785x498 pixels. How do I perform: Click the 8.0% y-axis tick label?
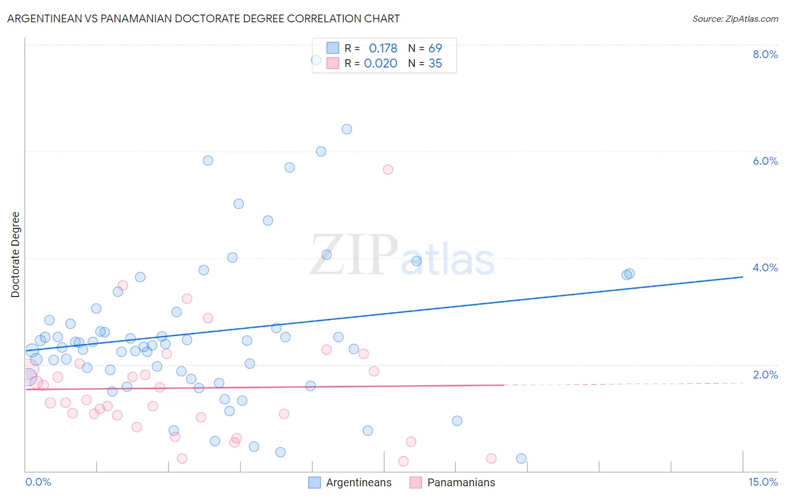(x=765, y=54)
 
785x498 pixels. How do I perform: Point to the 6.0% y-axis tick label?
(x=765, y=161)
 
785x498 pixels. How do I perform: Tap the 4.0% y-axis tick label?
(x=765, y=267)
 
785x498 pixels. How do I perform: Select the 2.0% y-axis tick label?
(x=765, y=375)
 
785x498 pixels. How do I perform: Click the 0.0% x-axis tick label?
(x=38, y=482)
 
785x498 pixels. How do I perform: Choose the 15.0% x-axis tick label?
(x=763, y=482)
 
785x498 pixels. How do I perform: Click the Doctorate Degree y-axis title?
(x=15, y=255)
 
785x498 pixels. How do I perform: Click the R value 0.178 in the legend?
(x=383, y=49)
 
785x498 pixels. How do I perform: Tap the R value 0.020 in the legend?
(x=380, y=64)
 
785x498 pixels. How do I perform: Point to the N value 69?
(x=435, y=49)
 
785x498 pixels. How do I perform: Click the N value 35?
(x=435, y=64)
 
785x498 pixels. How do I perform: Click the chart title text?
(x=203, y=18)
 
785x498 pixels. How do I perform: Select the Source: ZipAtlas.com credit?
(x=735, y=19)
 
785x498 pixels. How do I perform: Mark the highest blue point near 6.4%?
(x=347, y=129)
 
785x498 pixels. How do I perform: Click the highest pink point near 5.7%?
(x=388, y=169)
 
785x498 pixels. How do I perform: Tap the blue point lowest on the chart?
(x=521, y=458)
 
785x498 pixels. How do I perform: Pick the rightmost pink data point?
(x=491, y=458)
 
